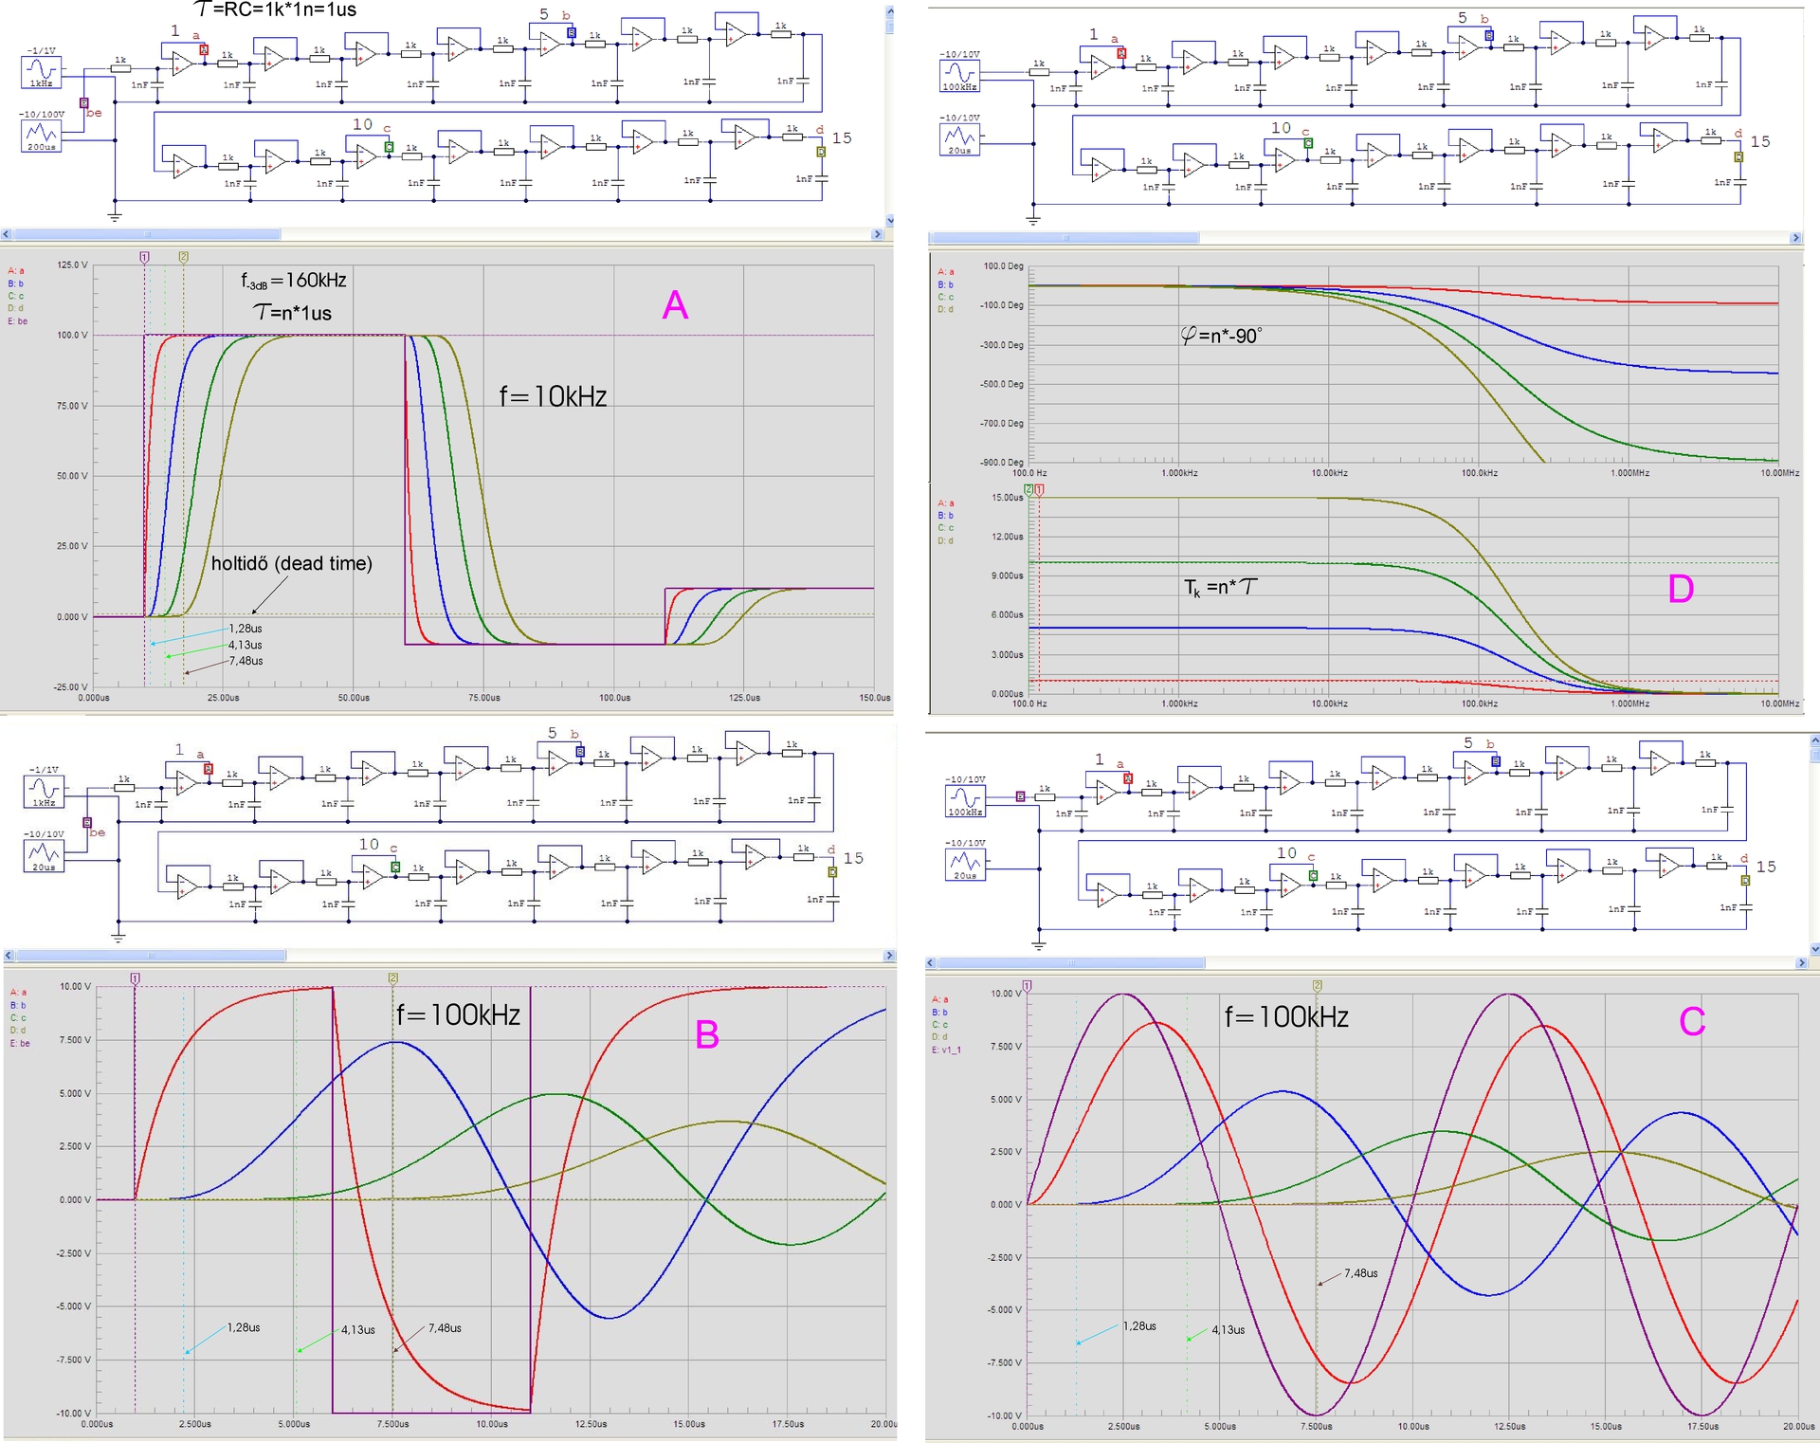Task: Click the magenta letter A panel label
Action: [675, 305]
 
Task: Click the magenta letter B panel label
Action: [707, 1034]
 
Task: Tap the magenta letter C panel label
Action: [1692, 1021]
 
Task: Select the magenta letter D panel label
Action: [1681, 589]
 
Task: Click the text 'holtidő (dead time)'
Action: [291, 563]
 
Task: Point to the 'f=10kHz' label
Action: [553, 396]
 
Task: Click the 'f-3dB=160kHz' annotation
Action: [293, 281]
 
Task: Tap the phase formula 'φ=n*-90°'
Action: [1221, 336]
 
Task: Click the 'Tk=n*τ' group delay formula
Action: [1221, 588]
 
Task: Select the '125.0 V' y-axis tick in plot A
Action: [72, 265]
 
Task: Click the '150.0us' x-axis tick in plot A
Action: [874, 698]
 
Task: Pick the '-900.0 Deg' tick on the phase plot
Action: [1002, 463]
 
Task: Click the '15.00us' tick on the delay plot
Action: [1007, 498]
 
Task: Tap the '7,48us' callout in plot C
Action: [1360, 1273]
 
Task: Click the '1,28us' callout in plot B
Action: [244, 1327]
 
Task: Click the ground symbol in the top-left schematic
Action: [115, 216]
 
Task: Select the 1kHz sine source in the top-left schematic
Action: [41, 72]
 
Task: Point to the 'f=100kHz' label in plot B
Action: [458, 1015]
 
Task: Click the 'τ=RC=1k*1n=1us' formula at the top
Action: [275, 10]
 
